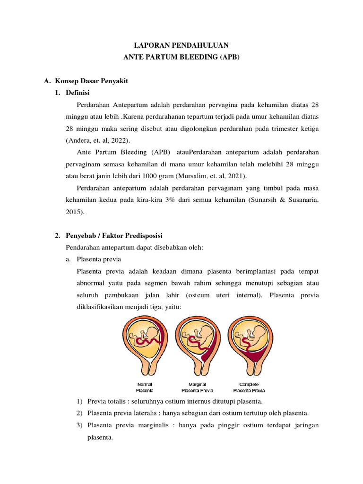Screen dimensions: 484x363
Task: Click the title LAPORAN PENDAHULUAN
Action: pyautogui.click(x=181, y=46)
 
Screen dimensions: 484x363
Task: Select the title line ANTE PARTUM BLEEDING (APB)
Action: pyautogui.click(x=181, y=57)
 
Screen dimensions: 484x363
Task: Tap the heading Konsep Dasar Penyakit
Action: pyautogui.click(x=92, y=81)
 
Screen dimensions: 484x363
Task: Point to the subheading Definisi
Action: pyautogui.click(x=78, y=93)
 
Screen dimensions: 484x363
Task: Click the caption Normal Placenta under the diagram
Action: pyautogui.click(x=144, y=388)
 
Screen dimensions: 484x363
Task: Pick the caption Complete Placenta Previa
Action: pyautogui.click(x=249, y=388)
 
